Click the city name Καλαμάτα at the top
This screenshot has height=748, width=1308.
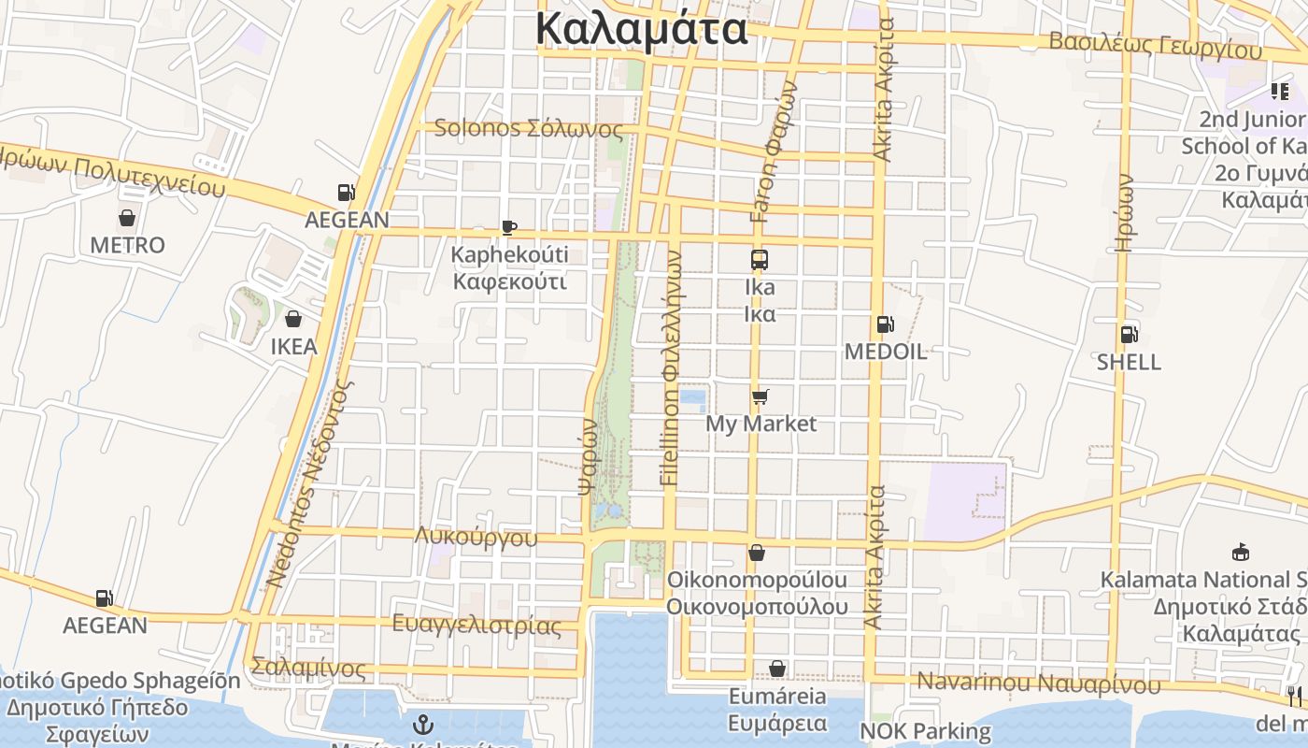(x=642, y=29)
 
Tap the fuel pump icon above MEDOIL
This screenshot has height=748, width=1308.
(x=885, y=325)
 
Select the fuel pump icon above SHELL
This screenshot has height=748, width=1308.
(x=1129, y=335)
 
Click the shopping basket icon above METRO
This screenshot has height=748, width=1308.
(x=127, y=219)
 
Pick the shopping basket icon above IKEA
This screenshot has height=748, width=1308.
(x=293, y=320)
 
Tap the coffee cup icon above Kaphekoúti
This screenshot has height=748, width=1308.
(x=509, y=227)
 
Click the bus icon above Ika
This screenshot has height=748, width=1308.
(x=760, y=260)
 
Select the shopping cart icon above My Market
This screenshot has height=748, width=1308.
(x=761, y=397)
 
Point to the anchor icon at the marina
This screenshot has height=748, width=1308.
(x=423, y=725)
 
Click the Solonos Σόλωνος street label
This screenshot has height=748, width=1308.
(x=529, y=128)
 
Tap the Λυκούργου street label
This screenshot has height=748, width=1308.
(x=476, y=537)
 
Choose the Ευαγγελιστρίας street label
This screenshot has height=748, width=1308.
(x=476, y=625)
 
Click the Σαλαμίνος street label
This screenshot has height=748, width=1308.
(x=308, y=669)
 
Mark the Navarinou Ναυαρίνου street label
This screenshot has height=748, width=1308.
(x=1039, y=682)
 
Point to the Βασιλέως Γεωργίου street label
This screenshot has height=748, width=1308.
(x=1155, y=44)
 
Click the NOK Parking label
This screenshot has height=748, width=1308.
(x=925, y=730)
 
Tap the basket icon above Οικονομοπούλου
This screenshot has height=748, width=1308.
(x=757, y=554)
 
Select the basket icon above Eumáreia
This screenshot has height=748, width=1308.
(x=777, y=669)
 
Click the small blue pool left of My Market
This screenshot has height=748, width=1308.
(x=692, y=400)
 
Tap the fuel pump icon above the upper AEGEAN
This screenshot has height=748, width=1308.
(x=347, y=193)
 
